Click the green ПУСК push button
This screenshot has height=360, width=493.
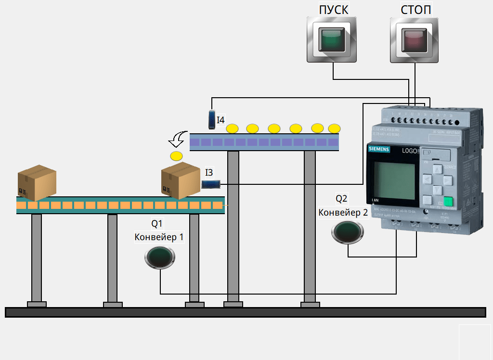point(332,39)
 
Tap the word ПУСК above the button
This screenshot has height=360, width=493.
point(333,10)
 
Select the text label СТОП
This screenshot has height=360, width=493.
point(416,10)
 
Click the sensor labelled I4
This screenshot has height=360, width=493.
point(212,119)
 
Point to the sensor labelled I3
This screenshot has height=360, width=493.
point(211,184)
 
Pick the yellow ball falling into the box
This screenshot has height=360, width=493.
point(177,156)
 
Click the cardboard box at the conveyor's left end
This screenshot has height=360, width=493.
point(37,183)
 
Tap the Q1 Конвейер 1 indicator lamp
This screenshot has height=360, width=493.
point(160,257)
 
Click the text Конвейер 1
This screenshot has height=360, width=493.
point(159,237)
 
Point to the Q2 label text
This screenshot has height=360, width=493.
point(341,198)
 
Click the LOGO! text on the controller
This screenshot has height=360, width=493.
point(411,151)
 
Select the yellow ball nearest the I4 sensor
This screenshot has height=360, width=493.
point(233,129)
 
